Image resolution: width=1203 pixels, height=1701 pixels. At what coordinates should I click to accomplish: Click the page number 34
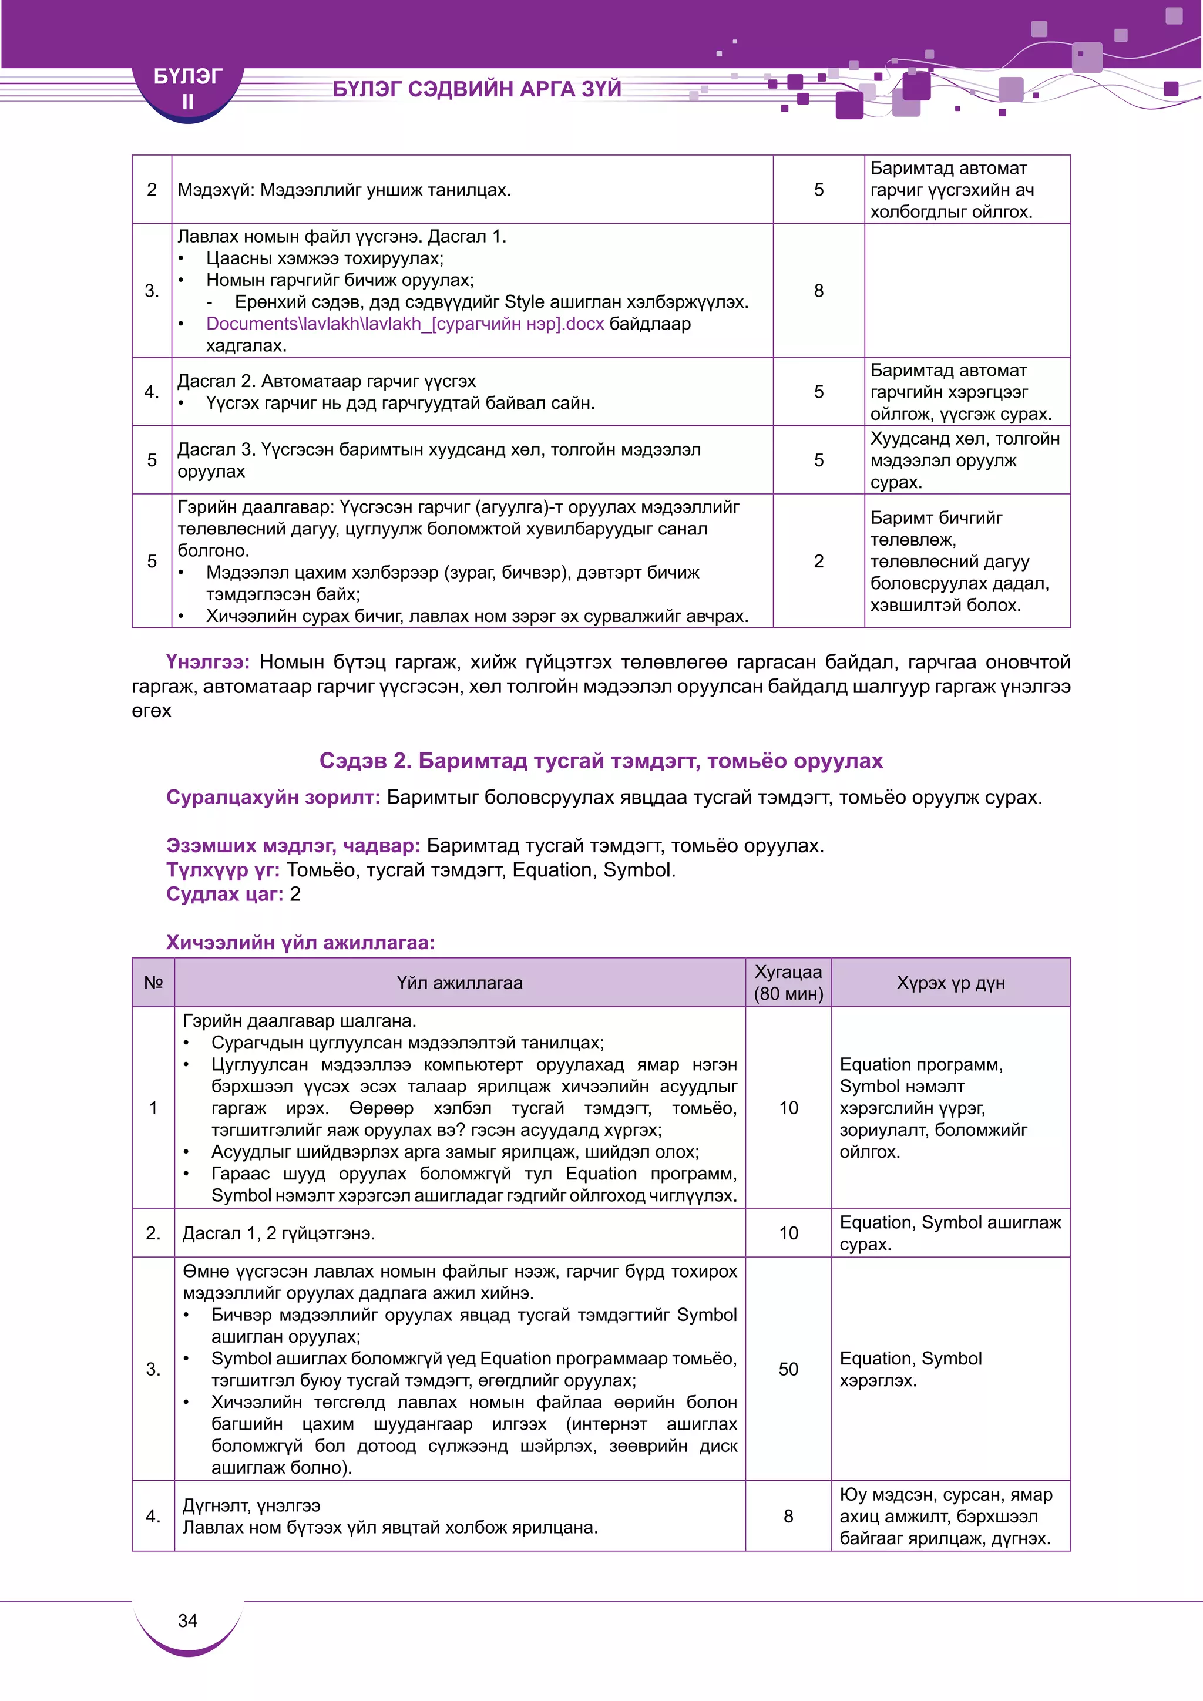point(187,1621)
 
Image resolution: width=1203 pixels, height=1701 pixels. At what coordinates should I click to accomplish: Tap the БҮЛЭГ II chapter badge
point(187,88)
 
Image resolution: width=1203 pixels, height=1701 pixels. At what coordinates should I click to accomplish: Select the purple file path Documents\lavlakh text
point(405,324)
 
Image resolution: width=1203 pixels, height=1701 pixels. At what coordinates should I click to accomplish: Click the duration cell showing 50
point(788,1369)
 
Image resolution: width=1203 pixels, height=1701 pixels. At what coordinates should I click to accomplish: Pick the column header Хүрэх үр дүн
point(950,983)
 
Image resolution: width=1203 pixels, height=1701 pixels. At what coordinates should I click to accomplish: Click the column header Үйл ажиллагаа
point(459,983)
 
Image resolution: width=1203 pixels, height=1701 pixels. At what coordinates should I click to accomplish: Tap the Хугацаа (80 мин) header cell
point(788,983)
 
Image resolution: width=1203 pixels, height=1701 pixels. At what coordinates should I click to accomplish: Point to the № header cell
point(153,983)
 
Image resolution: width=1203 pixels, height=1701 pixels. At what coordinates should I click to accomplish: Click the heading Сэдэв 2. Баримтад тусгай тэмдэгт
point(601,761)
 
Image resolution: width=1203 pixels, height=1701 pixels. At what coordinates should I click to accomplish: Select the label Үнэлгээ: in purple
point(207,661)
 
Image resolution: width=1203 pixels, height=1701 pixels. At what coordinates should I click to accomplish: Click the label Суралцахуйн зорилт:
point(273,797)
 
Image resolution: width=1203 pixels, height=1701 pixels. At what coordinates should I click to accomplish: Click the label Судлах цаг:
point(224,894)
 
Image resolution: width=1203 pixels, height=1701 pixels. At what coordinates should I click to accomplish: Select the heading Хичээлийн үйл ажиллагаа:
point(300,942)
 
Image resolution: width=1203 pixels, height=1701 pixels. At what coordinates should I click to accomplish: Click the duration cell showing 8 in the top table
point(818,290)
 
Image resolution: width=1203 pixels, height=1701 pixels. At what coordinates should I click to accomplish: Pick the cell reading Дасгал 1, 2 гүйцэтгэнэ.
point(278,1233)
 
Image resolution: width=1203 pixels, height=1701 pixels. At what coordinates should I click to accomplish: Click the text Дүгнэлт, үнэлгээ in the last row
point(251,1505)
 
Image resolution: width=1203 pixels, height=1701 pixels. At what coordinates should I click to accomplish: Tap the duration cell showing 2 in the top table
point(818,561)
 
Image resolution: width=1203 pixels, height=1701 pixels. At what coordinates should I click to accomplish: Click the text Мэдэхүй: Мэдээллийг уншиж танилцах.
point(344,190)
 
